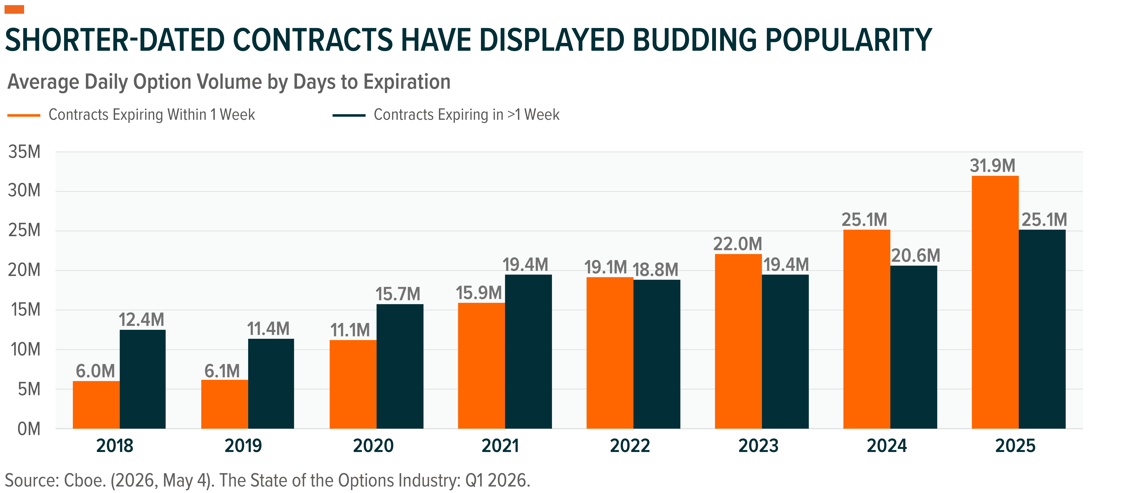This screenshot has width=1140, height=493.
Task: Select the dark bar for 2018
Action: tap(142, 379)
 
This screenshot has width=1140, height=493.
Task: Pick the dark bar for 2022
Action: tap(657, 354)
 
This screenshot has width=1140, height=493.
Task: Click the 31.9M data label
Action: tap(993, 166)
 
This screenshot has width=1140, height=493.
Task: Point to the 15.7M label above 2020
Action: tap(398, 294)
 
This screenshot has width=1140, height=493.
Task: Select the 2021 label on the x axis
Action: tap(500, 446)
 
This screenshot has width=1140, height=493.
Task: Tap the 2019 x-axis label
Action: tap(243, 446)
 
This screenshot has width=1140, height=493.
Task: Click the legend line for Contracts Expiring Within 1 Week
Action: tap(24, 115)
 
